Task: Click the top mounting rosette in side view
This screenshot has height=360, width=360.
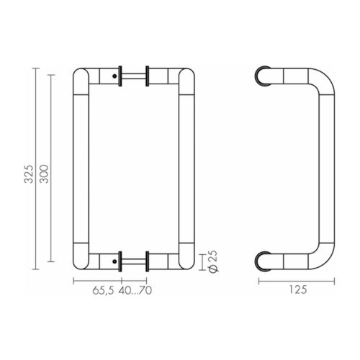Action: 264,76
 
